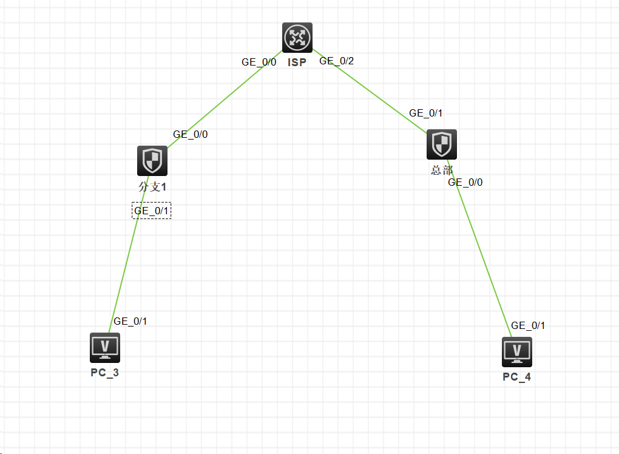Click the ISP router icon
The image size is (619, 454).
coord(297,38)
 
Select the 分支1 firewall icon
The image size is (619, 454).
coord(152,161)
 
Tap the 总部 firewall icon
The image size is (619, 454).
coord(442,144)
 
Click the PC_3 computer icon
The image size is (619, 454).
coord(105,348)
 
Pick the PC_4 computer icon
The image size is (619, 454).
coord(517,352)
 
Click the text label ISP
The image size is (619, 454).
coord(297,63)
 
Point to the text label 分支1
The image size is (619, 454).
coord(152,187)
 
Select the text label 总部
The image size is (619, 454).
coord(442,171)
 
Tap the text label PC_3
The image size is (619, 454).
coord(105,373)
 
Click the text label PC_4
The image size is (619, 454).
coord(517,378)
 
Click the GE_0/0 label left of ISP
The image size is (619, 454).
coord(259,62)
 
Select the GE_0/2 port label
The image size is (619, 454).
coord(336,61)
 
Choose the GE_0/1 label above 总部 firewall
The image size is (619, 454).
coord(426,113)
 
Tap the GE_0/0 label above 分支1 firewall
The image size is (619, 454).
coord(191,135)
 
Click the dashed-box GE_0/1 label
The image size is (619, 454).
coord(152,211)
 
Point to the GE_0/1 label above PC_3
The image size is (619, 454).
coord(130,322)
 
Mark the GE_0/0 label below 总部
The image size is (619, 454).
coord(465,182)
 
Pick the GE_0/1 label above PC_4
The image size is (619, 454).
coord(528,325)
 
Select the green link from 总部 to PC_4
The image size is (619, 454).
coord(482,258)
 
